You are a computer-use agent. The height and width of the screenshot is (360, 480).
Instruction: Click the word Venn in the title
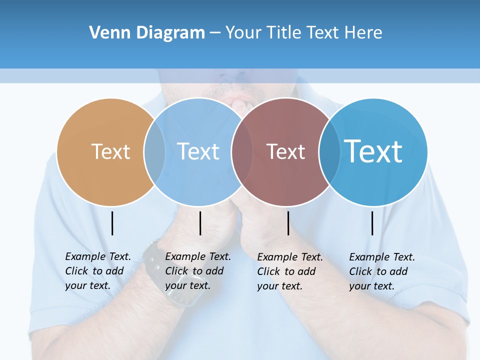(107, 33)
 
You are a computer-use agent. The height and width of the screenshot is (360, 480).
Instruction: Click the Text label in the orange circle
(110, 151)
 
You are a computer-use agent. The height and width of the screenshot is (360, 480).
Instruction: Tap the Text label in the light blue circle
(198, 151)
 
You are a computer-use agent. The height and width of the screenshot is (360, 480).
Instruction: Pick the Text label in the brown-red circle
(285, 151)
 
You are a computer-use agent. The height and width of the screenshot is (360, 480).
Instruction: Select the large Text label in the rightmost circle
(373, 151)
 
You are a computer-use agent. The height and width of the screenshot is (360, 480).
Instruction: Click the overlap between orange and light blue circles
(154, 152)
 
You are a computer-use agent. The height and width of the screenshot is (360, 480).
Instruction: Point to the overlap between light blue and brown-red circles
(242, 152)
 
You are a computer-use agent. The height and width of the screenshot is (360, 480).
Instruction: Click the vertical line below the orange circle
(112, 223)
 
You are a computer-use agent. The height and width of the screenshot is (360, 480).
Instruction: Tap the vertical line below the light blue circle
(200, 223)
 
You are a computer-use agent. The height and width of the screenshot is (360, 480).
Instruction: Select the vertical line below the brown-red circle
(288, 223)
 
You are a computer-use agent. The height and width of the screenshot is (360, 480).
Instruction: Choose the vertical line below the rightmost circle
(372, 223)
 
